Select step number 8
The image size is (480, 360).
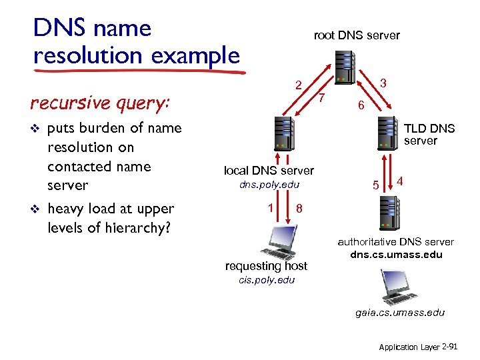pyautogui.click(x=300, y=208)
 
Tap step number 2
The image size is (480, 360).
pyautogui.click(x=300, y=85)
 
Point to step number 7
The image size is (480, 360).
pyautogui.click(x=322, y=98)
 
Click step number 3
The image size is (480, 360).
pyautogui.click(x=383, y=83)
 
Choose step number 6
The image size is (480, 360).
pyautogui.click(x=360, y=105)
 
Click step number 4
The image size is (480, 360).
pyautogui.click(x=400, y=180)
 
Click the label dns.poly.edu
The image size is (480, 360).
pyautogui.click(x=269, y=185)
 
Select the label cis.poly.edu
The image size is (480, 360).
pyautogui.click(x=266, y=279)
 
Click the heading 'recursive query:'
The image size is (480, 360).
pyautogui.click(x=100, y=103)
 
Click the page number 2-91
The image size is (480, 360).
pyautogui.click(x=451, y=347)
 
